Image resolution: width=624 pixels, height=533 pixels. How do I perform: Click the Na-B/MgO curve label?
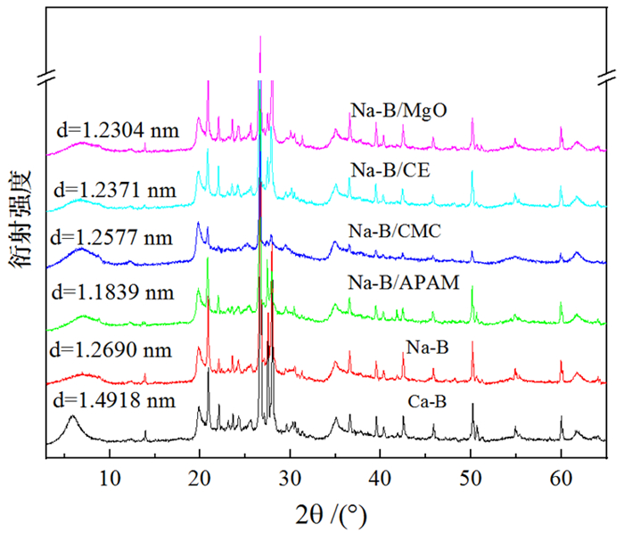tap(398, 111)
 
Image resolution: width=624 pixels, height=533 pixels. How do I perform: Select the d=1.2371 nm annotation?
tap(108, 189)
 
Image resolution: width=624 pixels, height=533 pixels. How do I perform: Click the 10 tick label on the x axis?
tap(110, 476)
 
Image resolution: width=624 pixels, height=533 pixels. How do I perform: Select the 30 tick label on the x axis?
tap(290, 476)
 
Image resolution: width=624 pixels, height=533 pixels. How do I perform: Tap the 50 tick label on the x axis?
tap(471, 476)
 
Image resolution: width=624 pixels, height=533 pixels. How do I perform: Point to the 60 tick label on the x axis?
tap(561, 476)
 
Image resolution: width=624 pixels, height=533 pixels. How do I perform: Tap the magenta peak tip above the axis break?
tap(259, 37)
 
